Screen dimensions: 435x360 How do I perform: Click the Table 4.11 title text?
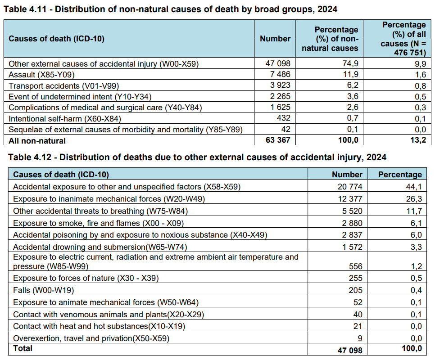[x=170, y=9]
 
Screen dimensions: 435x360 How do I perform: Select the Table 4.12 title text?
[x=197, y=157]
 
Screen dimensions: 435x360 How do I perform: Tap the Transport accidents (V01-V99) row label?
[x=63, y=86]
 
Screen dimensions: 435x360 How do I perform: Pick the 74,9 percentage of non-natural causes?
[x=350, y=63]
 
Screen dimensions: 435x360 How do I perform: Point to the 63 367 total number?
[x=278, y=140]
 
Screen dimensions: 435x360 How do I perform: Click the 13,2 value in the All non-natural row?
[x=418, y=140]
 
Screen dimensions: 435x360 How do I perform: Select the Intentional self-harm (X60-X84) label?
[x=65, y=119]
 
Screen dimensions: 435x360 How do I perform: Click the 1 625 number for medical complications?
[x=280, y=107]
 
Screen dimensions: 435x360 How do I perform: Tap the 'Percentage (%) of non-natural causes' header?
[x=330, y=39]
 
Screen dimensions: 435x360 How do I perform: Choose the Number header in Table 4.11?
[x=275, y=39]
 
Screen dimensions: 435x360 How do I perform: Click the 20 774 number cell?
[x=350, y=187]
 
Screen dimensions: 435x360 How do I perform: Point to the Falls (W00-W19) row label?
[x=44, y=290]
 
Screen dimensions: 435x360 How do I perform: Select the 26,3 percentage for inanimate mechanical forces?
[x=414, y=199]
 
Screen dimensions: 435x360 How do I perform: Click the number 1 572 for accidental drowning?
[x=352, y=247]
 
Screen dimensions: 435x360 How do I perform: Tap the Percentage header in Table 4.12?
[x=400, y=175]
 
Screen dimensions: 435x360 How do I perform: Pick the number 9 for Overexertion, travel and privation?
[x=360, y=338]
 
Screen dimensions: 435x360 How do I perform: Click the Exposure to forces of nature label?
[x=86, y=278]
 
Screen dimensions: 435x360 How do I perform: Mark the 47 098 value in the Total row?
[x=350, y=350]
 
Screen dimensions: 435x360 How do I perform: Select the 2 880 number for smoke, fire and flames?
[x=352, y=223]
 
